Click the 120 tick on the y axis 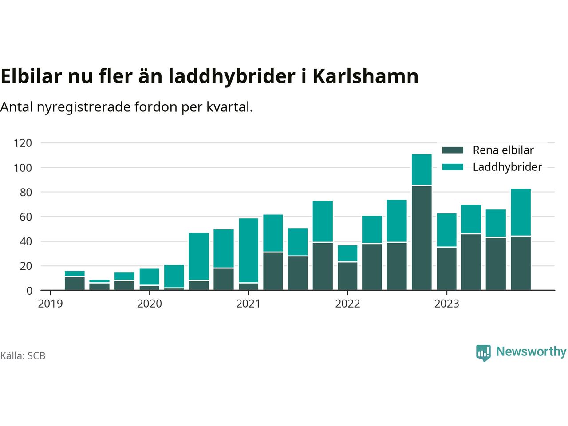click(23, 143)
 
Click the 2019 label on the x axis click(51, 304)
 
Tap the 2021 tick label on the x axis click(248, 304)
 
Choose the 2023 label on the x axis click(446, 304)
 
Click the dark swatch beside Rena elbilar click(453, 150)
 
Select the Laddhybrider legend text click(507, 167)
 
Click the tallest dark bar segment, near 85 click(422, 238)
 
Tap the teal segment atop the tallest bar click(422, 170)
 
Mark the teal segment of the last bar click(521, 212)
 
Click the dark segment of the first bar click(75, 284)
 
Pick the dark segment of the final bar click(521, 263)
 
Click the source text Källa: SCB click(23, 356)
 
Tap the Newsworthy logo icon click(483, 353)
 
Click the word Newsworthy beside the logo click(531, 352)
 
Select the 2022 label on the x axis click(347, 304)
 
